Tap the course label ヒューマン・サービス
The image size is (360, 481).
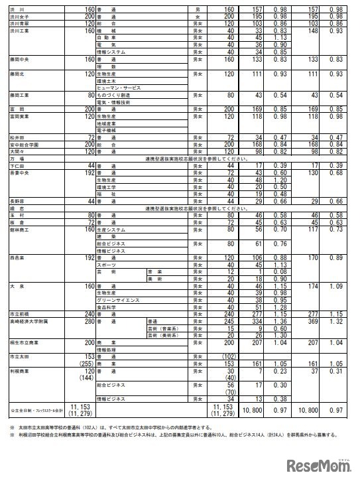(120, 88)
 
